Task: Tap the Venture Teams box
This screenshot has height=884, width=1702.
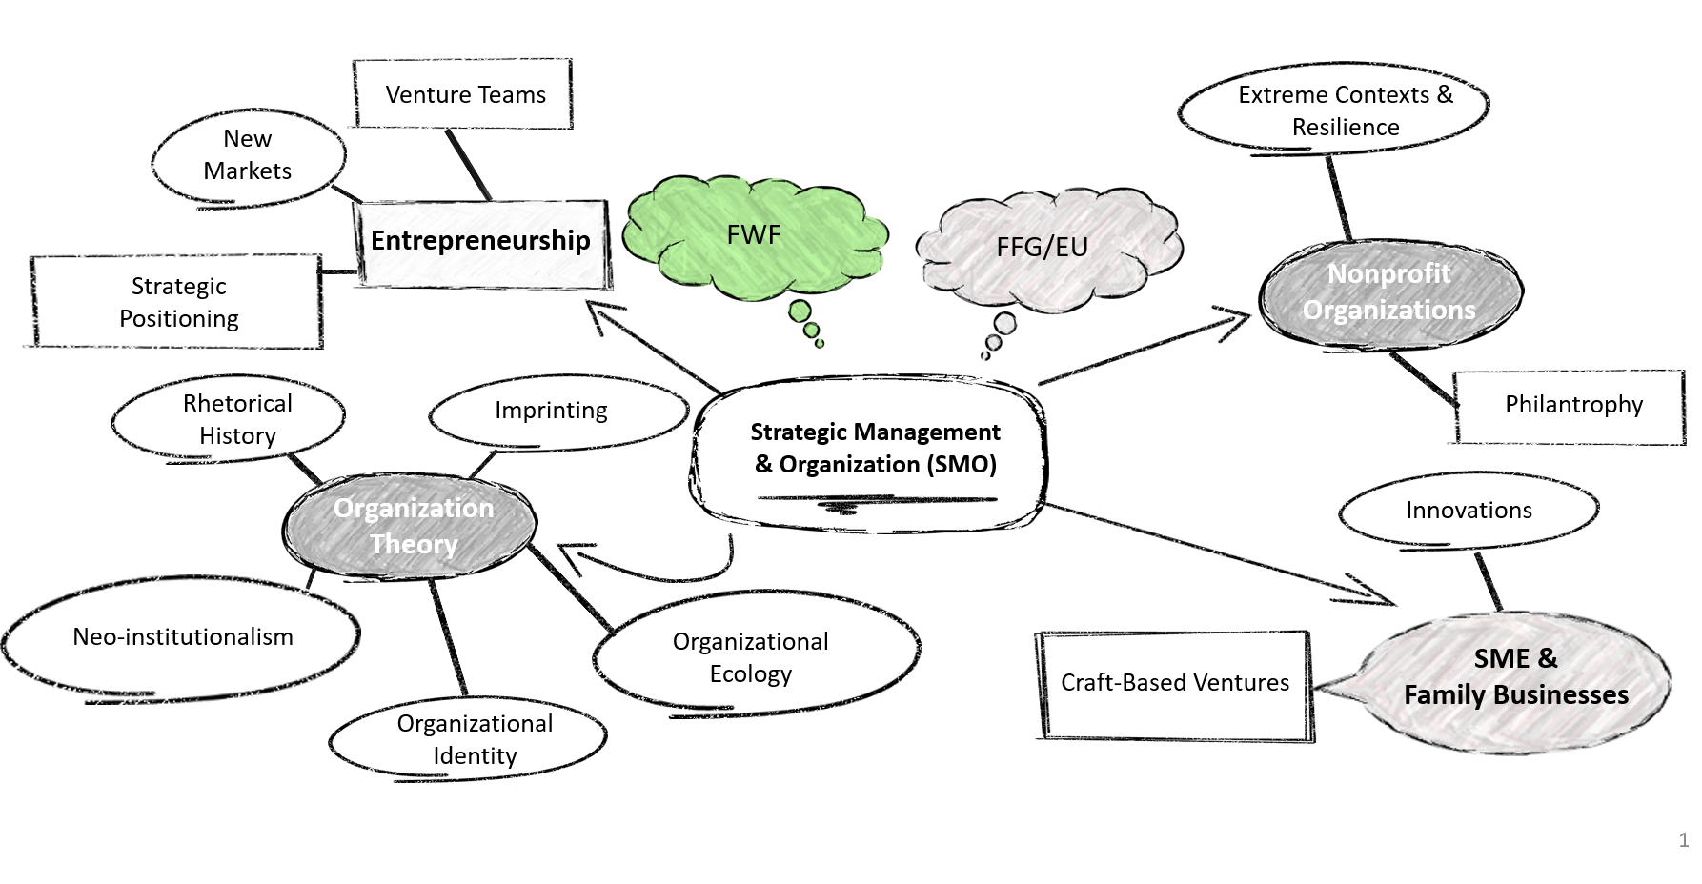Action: (x=464, y=94)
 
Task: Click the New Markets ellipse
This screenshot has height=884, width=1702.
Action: (x=248, y=155)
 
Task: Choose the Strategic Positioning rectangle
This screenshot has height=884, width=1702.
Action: (x=178, y=302)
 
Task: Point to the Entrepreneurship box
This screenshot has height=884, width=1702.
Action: (x=480, y=241)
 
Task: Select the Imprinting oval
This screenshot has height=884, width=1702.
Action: (x=551, y=411)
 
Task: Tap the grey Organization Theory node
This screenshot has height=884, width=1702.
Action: (x=413, y=526)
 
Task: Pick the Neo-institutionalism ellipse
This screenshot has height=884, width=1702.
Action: (x=183, y=637)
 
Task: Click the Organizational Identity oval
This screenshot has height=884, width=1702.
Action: (x=474, y=739)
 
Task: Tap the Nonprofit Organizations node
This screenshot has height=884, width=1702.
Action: (x=1388, y=292)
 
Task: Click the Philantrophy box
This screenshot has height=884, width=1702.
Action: (x=1572, y=405)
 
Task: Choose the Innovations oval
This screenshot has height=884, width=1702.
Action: (x=1468, y=511)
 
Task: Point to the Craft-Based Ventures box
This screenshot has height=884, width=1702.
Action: (x=1174, y=683)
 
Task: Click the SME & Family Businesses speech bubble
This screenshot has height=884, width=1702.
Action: (x=1515, y=677)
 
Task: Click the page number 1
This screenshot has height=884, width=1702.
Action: (x=1683, y=840)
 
